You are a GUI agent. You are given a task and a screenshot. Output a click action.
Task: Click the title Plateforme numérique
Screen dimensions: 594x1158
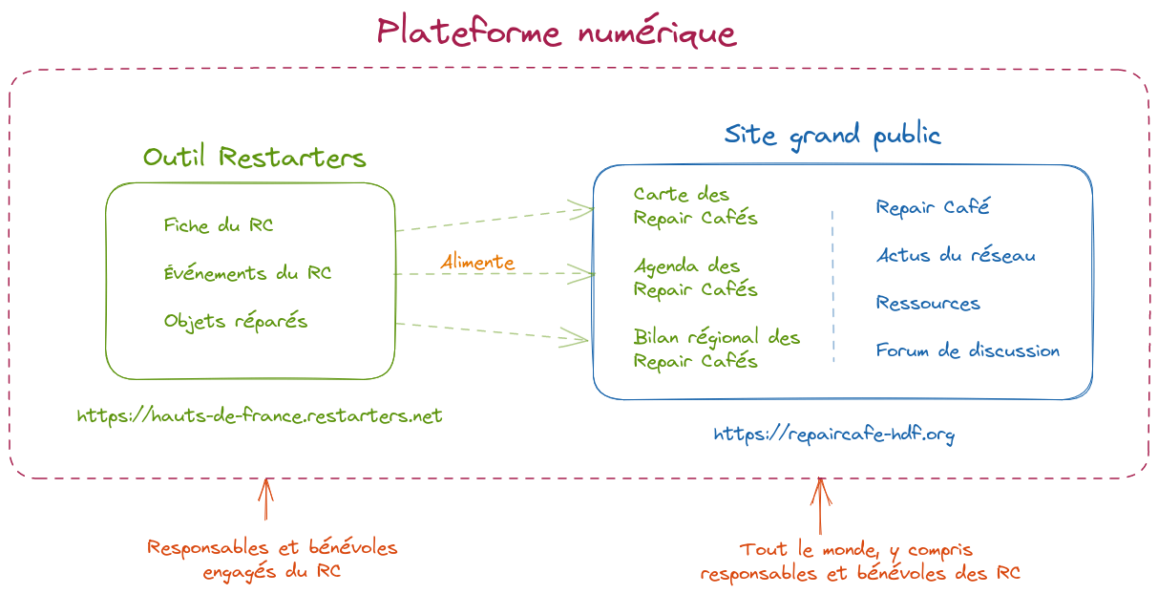[557, 33]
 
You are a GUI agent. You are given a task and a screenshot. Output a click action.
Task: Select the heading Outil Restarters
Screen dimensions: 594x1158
[255, 158]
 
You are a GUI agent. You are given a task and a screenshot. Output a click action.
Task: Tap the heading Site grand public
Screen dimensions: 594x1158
[832, 135]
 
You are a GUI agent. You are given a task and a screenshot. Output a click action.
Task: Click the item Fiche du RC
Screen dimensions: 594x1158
[219, 226]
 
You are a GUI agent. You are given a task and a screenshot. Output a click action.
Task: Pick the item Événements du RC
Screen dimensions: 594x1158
[248, 273]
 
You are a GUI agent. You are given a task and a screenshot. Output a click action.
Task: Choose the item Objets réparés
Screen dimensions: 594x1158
[236, 321]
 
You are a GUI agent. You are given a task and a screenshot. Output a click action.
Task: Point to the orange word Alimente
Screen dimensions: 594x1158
[477, 262]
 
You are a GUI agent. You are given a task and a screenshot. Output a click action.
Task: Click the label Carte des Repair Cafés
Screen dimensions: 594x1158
[695, 206]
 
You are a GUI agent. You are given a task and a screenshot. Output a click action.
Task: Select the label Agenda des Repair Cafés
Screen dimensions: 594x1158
[695, 278]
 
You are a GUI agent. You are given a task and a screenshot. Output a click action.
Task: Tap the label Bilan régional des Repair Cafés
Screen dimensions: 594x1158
[716, 349]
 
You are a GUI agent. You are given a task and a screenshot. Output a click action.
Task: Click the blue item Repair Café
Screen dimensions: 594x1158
[933, 207]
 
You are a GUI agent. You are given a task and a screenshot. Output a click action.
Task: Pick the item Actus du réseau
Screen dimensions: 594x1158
[956, 255]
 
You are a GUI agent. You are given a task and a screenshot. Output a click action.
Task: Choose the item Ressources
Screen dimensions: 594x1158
[928, 304]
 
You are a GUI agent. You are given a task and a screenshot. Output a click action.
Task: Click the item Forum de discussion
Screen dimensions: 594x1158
[968, 350]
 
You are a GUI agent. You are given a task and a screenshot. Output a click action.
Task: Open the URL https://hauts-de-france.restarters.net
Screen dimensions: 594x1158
[260, 416]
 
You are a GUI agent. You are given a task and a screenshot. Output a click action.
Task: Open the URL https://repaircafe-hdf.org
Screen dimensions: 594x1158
[834, 435]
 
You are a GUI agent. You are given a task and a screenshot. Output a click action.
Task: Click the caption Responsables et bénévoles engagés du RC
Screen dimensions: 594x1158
[272, 560]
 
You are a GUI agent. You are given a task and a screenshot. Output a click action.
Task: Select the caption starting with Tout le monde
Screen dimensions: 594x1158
[859, 562]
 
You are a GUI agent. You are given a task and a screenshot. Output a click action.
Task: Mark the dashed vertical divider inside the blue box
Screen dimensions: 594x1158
[833, 286]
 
